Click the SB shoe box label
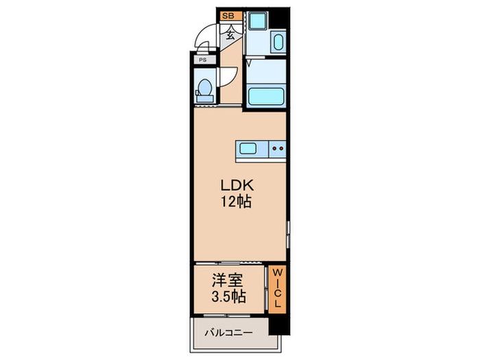pos(228,16)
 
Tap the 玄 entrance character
pos(230,36)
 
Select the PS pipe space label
pos(203,60)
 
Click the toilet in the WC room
pos(204,91)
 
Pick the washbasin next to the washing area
pos(278,43)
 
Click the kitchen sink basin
pos(248,149)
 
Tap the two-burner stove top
pos(277,149)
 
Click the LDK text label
pos(237,186)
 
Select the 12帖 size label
pos(237,202)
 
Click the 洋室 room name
pos(228,280)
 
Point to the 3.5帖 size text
pos(228,296)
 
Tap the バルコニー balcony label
pos(229,333)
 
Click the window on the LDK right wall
pos(288,235)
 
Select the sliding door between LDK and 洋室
pos(229,263)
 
